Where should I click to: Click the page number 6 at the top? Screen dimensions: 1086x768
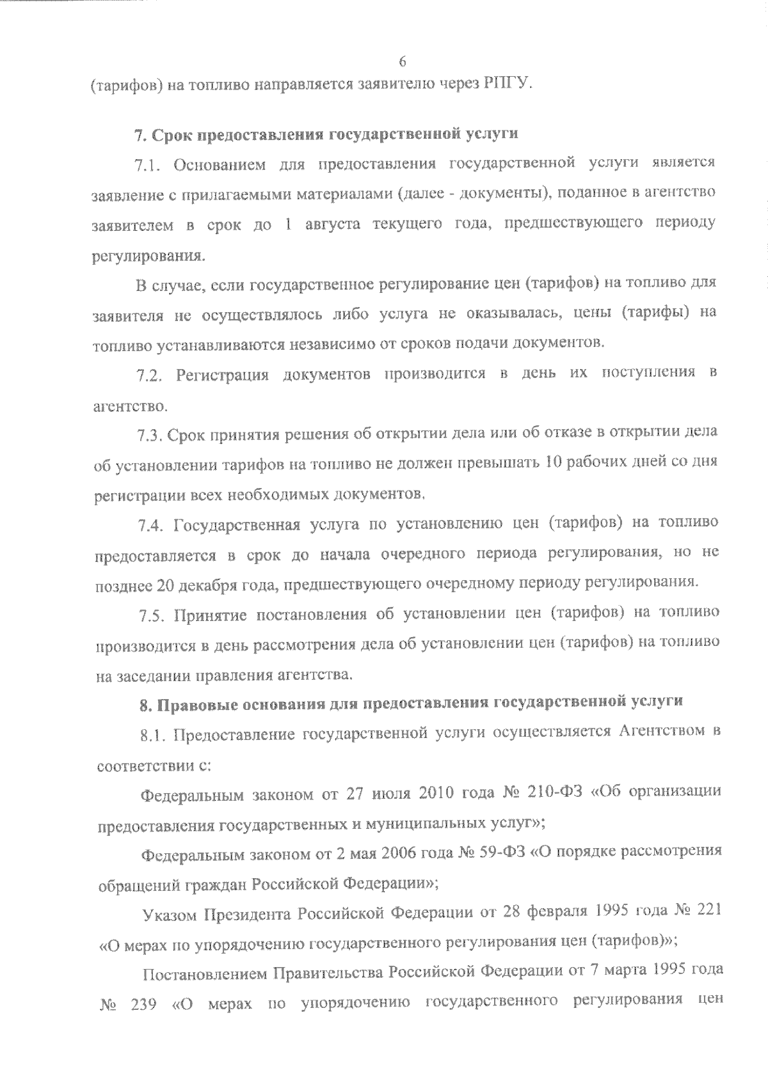click(x=402, y=61)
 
